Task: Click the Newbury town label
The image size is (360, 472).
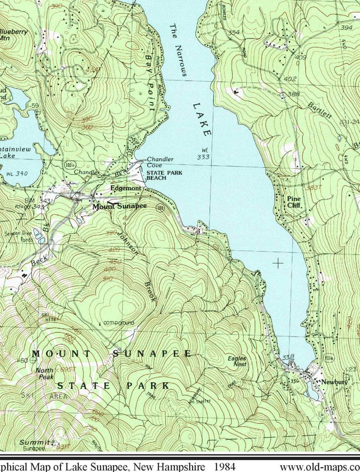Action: pos(334,382)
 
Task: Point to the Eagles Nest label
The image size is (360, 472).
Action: pos(237,361)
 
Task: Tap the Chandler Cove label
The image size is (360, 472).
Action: pos(159,162)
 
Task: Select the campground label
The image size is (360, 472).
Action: pos(118,323)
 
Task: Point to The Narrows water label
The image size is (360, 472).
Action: pos(177,50)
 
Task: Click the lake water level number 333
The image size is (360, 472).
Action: pos(203,157)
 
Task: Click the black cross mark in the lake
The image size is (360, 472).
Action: pos(277,263)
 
